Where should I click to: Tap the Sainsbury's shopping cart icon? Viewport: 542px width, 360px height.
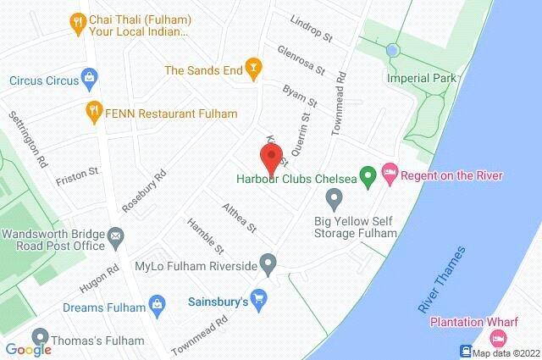(260, 299)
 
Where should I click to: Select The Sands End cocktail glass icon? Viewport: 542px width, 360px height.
(251, 65)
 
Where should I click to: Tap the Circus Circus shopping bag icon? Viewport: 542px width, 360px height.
(90, 80)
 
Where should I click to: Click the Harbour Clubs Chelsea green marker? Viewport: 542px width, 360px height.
(368, 177)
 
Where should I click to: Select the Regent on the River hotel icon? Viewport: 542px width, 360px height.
(389, 175)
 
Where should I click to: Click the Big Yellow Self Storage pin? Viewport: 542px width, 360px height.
(334, 200)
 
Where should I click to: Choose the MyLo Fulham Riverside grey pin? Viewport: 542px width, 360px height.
(268, 264)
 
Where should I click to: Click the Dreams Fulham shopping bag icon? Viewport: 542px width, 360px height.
(156, 303)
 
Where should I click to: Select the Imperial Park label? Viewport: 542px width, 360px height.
(420, 78)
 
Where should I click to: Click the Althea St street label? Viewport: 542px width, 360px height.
(238, 219)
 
